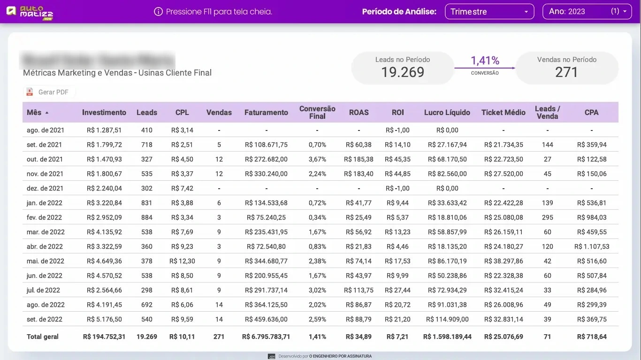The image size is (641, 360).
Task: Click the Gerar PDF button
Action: coord(49,92)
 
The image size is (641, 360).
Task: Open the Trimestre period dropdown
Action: coord(489,12)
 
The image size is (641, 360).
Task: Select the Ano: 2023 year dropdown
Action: coord(587,12)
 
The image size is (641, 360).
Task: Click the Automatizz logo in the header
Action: coord(30,12)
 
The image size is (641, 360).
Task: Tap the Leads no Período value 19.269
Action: coord(402,72)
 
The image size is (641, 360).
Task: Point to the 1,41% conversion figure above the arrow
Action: coord(485,61)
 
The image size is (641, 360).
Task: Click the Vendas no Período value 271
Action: coord(566,72)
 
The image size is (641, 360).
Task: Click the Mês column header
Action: coord(34,113)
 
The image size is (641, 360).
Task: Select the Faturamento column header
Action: coord(266,113)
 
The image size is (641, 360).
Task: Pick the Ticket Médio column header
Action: coord(503,113)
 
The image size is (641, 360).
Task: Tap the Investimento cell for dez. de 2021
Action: coord(104,188)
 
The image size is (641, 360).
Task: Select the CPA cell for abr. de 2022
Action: coord(591,246)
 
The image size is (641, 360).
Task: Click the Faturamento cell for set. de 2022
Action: coord(266,319)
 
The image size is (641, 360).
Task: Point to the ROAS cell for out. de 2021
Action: coord(359,159)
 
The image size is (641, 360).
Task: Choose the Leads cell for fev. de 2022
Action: coord(146,217)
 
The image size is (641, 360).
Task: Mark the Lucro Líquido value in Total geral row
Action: coord(447,337)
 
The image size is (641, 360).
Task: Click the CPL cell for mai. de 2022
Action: coord(182,261)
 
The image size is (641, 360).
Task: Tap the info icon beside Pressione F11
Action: coord(158,12)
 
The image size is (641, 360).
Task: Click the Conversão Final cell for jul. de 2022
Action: coord(317,290)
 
